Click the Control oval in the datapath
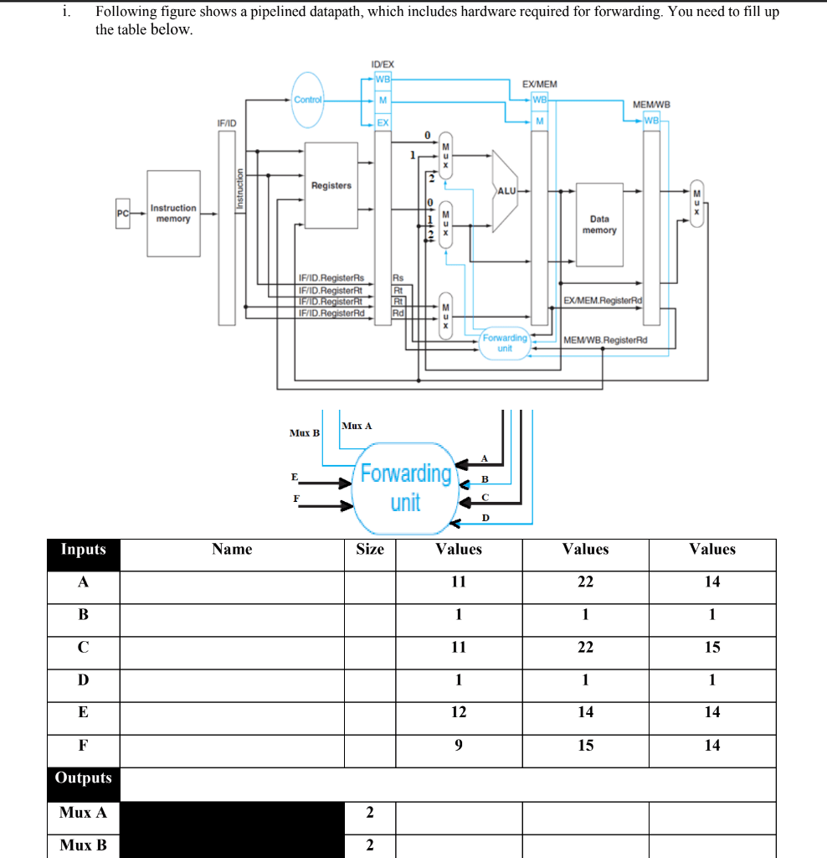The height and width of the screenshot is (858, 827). [307, 100]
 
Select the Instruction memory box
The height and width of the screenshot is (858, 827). [173, 213]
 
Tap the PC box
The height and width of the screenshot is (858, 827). [123, 213]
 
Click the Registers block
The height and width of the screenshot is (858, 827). [331, 185]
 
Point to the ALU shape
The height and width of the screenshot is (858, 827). [506, 191]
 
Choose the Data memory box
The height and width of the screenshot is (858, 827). [599, 224]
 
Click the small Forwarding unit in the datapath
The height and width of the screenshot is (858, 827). [505, 343]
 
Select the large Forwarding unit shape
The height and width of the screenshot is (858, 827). [405, 488]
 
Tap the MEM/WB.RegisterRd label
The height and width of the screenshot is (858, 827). [606, 340]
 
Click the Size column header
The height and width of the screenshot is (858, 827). [369, 550]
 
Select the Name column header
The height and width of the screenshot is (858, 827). [232, 550]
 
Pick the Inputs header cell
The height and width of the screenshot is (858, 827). [83, 550]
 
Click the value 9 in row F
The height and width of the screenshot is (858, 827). [459, 745]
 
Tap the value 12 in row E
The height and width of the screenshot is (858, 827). [459, 712]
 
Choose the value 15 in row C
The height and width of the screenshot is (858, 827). [711, 647]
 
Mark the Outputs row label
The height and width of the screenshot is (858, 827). [83, 778]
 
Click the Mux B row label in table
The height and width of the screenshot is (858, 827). [83, 845]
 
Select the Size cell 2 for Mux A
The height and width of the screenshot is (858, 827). [369, 812]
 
